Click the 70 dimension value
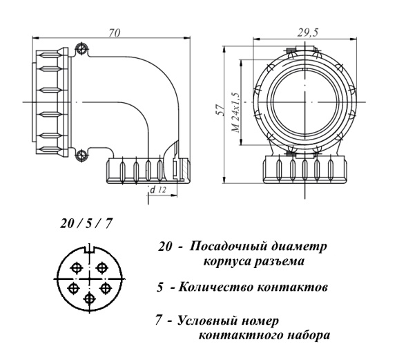[115, 33]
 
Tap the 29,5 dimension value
[307, 32]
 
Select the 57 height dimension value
[220, 110]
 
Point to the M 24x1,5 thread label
[236, 113]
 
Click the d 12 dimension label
[158, 190]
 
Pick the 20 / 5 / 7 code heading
[87, 223]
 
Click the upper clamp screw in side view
[82, 48]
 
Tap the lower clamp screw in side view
[81, 155]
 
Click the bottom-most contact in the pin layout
[90, 299]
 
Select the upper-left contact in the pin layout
[77, 268]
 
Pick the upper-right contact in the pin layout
[101, 267]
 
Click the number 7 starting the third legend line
[159, 321]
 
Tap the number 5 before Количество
[160, 287]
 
